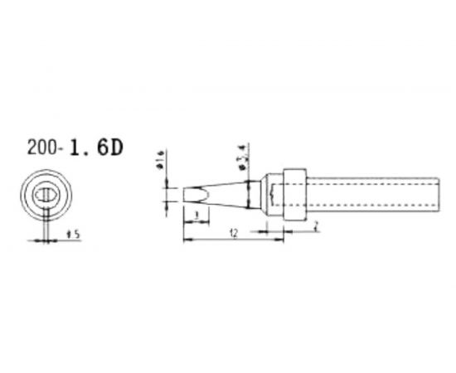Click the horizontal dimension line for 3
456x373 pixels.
[194, 220]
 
